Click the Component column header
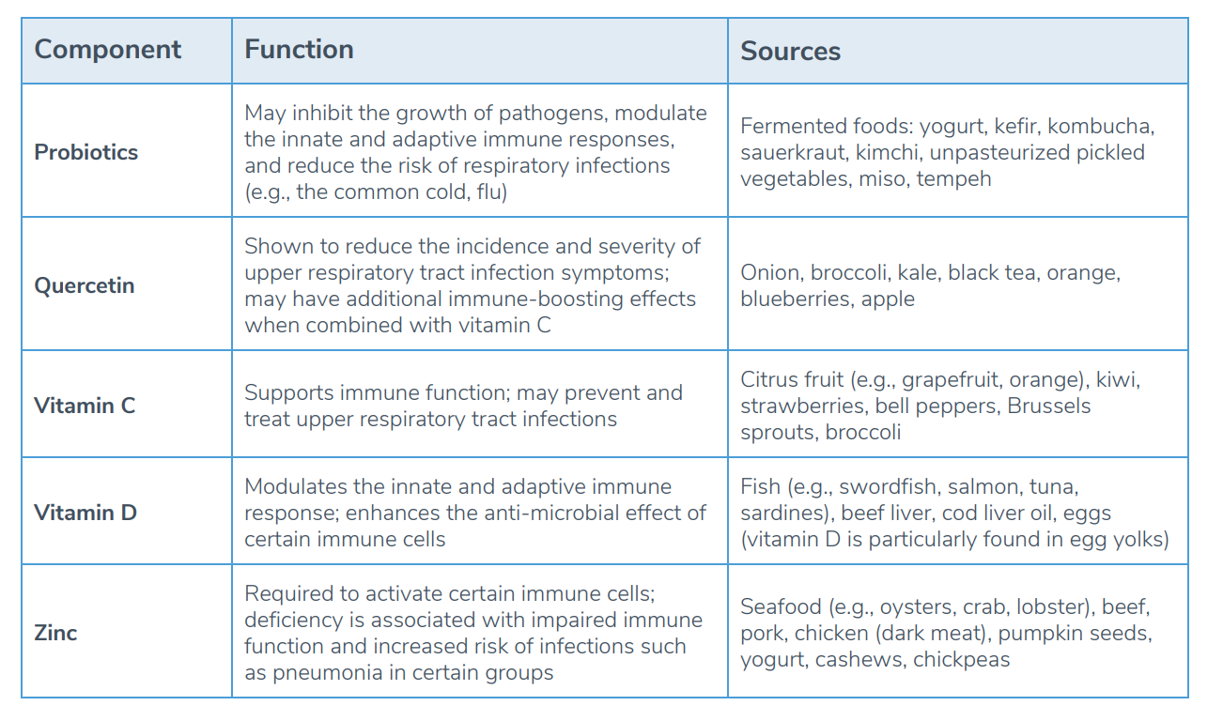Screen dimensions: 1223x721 [x=108, y=50]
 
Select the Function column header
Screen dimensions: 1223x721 [x=299, y=49]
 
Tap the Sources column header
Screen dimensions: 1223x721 [x=790, y=52]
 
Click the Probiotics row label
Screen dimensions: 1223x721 [x=85, y=152]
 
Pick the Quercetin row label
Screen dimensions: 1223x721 [x=85, y=286]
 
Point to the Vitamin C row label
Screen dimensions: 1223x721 [x=85, y=406]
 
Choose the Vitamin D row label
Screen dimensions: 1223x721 [x=85, y=513]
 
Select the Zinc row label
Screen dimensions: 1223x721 [x=55, y=633]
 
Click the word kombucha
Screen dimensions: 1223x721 [x=1100, y=126]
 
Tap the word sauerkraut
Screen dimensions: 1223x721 [x=794, y=153]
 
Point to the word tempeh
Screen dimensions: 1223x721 [x=953, y=179]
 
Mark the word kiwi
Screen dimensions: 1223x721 [x=1117, y=380]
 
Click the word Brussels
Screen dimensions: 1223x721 [x=1048, y=407]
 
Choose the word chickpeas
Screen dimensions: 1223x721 [x=961, y=660]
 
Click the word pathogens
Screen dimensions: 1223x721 [x=552, y=114]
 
